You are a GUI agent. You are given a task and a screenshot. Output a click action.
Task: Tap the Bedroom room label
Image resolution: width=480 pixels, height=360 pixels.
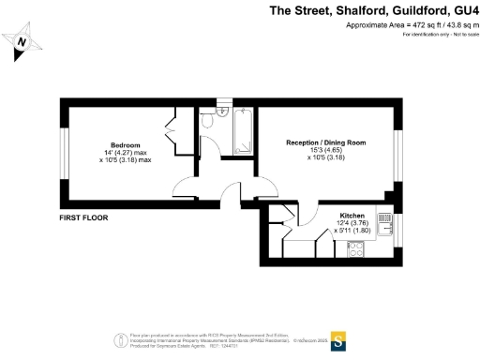point(126,145)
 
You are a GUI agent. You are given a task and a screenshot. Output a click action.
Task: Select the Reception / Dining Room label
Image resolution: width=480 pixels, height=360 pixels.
point(324,142)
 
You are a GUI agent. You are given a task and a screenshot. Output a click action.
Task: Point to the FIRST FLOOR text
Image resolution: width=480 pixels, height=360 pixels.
point(83,217)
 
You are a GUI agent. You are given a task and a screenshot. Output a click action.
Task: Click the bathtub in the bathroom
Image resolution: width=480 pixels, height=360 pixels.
point(239,132)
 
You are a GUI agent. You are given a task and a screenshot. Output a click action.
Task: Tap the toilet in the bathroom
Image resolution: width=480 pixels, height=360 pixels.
point(219,112)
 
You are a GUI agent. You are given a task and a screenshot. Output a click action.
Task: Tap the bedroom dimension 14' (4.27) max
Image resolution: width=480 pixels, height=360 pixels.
point(126,153)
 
